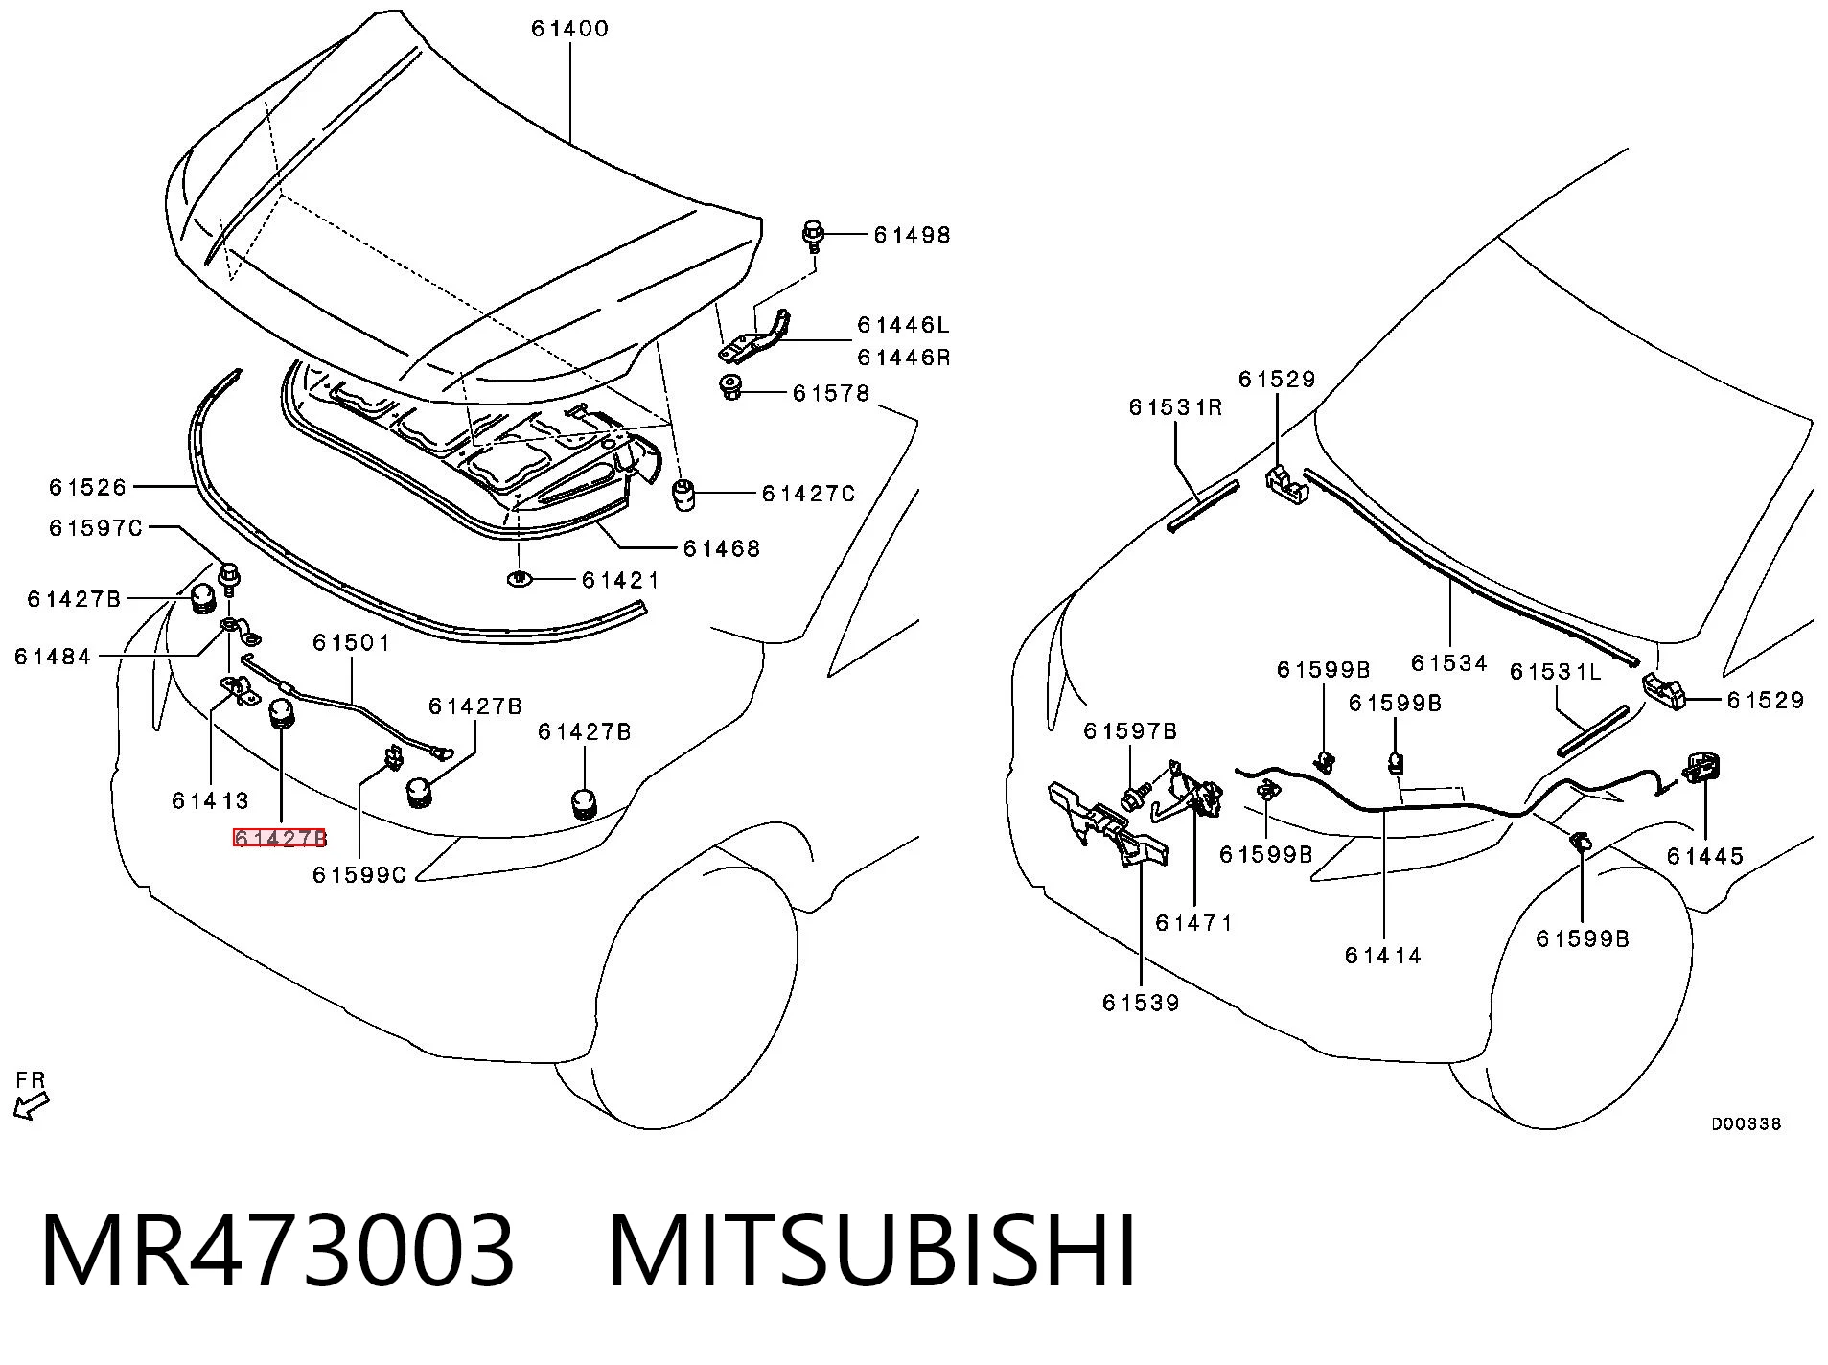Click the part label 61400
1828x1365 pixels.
point(570,29)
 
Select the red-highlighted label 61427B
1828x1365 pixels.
point(280,839)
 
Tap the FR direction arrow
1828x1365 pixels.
point(31,1106)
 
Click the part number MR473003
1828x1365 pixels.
point(278,1250)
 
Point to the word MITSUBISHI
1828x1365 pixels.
point(872,1250)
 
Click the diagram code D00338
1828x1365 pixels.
point(1747,1124)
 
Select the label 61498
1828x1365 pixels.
point(912,235)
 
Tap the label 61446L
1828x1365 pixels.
point(904,325)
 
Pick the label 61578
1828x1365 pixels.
point(831,393)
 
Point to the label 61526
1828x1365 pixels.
point(88,488)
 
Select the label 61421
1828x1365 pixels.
point(621,580)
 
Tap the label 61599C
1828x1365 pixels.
point(359,875)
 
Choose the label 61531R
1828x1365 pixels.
point(1176,407)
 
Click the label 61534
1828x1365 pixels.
point(1449,663)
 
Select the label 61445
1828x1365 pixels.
point(1705,856)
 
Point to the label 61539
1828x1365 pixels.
point(1141,1003)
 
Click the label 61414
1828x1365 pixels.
point(1383,955)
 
